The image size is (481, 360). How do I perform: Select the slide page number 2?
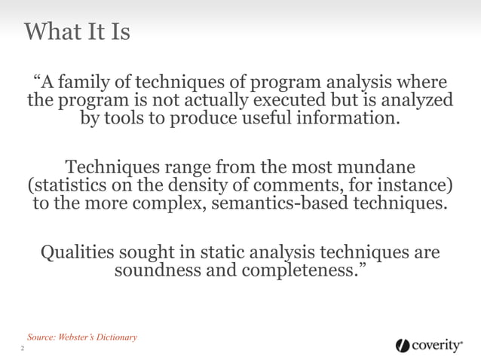22,350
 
